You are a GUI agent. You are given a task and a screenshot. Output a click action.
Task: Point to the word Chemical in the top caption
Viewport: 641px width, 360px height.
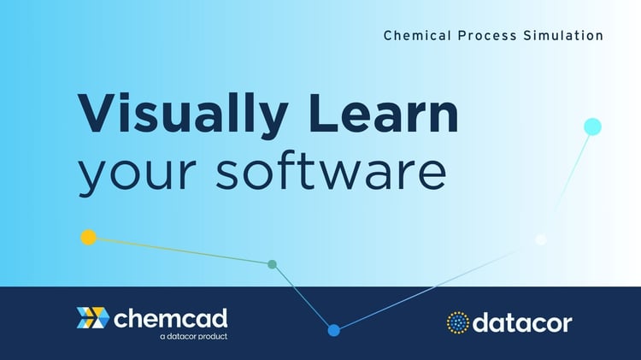pyautogui.click(x=414, y=36)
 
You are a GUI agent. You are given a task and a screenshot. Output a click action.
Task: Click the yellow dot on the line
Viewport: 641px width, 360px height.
pyautogui.click(x=88, y=238)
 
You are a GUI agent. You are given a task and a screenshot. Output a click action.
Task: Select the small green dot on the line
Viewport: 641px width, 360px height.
pyautogui.click(x=272, y=264)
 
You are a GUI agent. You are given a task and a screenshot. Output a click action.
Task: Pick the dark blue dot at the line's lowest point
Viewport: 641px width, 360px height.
pyautogui.click(x=333, y=330)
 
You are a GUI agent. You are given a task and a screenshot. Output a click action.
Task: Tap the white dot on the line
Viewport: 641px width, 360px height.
pyautogui.click(x=540, y=239)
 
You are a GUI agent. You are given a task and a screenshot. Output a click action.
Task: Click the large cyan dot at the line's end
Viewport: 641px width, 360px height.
pyautogui.click(x=592, y=127)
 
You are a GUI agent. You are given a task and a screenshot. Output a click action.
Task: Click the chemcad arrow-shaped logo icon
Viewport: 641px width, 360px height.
pyautogui.click(x=92, y=318)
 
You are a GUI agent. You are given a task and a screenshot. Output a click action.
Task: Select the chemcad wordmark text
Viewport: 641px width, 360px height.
pyautogui.click(x=170, y=319)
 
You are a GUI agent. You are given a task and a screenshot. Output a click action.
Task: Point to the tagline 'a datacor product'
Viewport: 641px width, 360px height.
pyautogui.click(x=193, y=337)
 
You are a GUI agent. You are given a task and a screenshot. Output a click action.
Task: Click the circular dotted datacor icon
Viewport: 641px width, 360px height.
pyautogui.click(x=458, y=322)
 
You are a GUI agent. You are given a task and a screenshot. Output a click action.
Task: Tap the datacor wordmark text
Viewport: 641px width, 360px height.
pyautogui.click(x=523, y=322)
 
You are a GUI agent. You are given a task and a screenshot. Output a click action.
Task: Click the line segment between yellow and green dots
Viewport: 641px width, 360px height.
pyautogui.click(x=179, y=251)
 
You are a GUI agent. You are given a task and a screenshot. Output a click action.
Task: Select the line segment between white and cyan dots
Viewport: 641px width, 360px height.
pyautogui.click(x=566, y=184)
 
